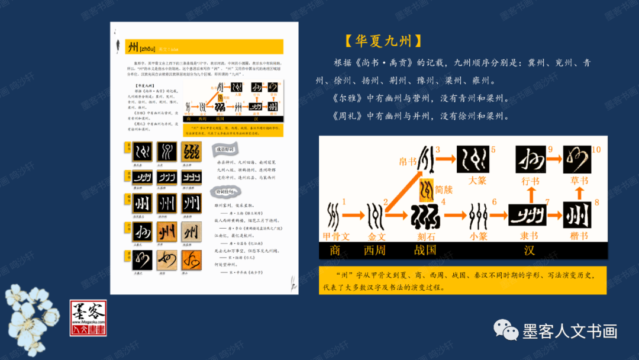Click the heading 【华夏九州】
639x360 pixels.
tap(383, 41)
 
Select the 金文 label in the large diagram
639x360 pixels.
tap(377, 237)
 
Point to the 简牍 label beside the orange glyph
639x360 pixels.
tap(444, 189)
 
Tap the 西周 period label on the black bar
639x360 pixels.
tap(375, 250)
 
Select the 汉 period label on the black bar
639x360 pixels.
tap(529, 250)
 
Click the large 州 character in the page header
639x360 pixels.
tap(133, 47)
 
